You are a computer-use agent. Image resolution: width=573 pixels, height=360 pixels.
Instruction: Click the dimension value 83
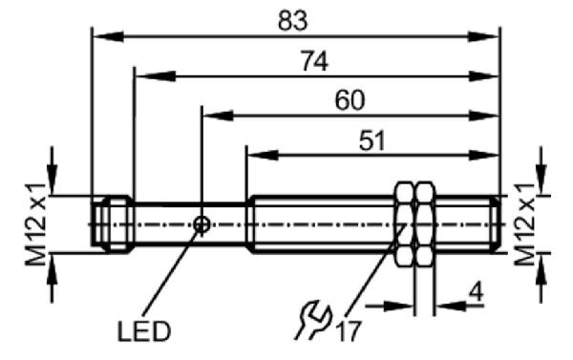pyautogui.click(x=293, y=20)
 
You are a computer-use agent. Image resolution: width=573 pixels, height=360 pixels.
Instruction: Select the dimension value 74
pyautogui.click(x=314, y=61)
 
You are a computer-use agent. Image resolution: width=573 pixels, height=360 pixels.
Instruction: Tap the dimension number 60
pyautogui.click(x=350, y=100)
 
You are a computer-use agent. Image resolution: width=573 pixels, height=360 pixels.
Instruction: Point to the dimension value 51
pyautogui.click(x=372, y=140)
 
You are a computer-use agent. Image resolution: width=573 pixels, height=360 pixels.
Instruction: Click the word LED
pyautogui.click(x=144, y=332)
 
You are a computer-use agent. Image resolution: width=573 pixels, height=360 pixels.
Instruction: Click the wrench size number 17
pyautogui.click(x=349, y=331)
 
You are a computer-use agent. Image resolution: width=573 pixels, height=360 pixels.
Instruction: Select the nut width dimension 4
pyautogui.click(x=476, y=291)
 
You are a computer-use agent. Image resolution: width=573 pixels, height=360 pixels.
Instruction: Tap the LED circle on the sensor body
pyautogui.click(x=202, y=224)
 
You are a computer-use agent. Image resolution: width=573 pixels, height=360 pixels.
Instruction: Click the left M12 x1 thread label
pyautogui.click(x=35, y=224)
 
